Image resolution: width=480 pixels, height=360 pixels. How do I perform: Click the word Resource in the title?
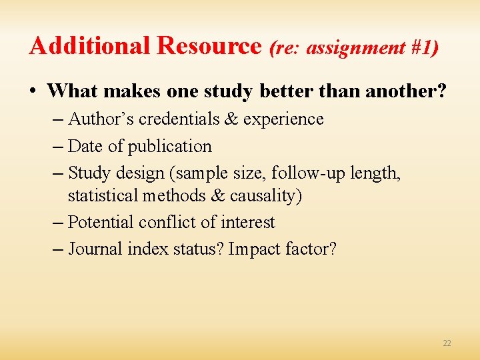click(x=209, y=45)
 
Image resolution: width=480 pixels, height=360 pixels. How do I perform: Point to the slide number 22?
click(x=447, y=343)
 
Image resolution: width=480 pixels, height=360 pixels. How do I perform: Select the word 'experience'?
click(x=283, y=119)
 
